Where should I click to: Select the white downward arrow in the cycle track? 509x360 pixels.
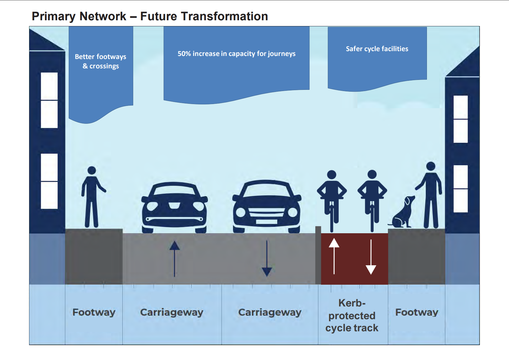[x=371, y=257]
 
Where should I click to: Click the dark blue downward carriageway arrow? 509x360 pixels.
[x=267, y=259]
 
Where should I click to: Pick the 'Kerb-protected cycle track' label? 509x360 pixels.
[x=352, y=315]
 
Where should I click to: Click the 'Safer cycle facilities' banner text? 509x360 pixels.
[x=377, y=49]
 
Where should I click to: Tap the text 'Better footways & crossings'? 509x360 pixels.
[x=101, y=61]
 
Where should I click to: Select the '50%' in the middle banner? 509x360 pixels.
[x=184, y=54]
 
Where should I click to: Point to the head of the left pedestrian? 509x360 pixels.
[x=92, y=170]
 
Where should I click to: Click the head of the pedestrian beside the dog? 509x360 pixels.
[x=431, y=166]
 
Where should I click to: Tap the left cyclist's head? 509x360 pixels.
[x=332, y=175]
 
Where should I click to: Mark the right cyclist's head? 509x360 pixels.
[x=372, y=174]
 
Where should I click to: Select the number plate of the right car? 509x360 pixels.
[x=266, y=222]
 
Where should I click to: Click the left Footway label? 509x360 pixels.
[x=94, y=312]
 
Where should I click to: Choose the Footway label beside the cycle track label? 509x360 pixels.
[x=417, y=312]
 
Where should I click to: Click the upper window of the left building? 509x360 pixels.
[x=49, y=100]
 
